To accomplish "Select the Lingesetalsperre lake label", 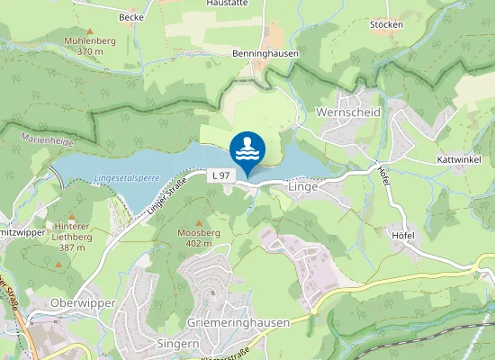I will pyautogui.click(x=126, y=178).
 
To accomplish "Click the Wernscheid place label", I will pyautogui.click(x=348, y=112).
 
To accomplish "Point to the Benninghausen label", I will pyautogui.click(x=265, y=54).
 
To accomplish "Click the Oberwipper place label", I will pyautogui.click(x=84, y=303).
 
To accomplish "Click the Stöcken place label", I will pyautogui.click(x=386, y=24).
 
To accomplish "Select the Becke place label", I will pyautogui.click(x=131, y=17).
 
